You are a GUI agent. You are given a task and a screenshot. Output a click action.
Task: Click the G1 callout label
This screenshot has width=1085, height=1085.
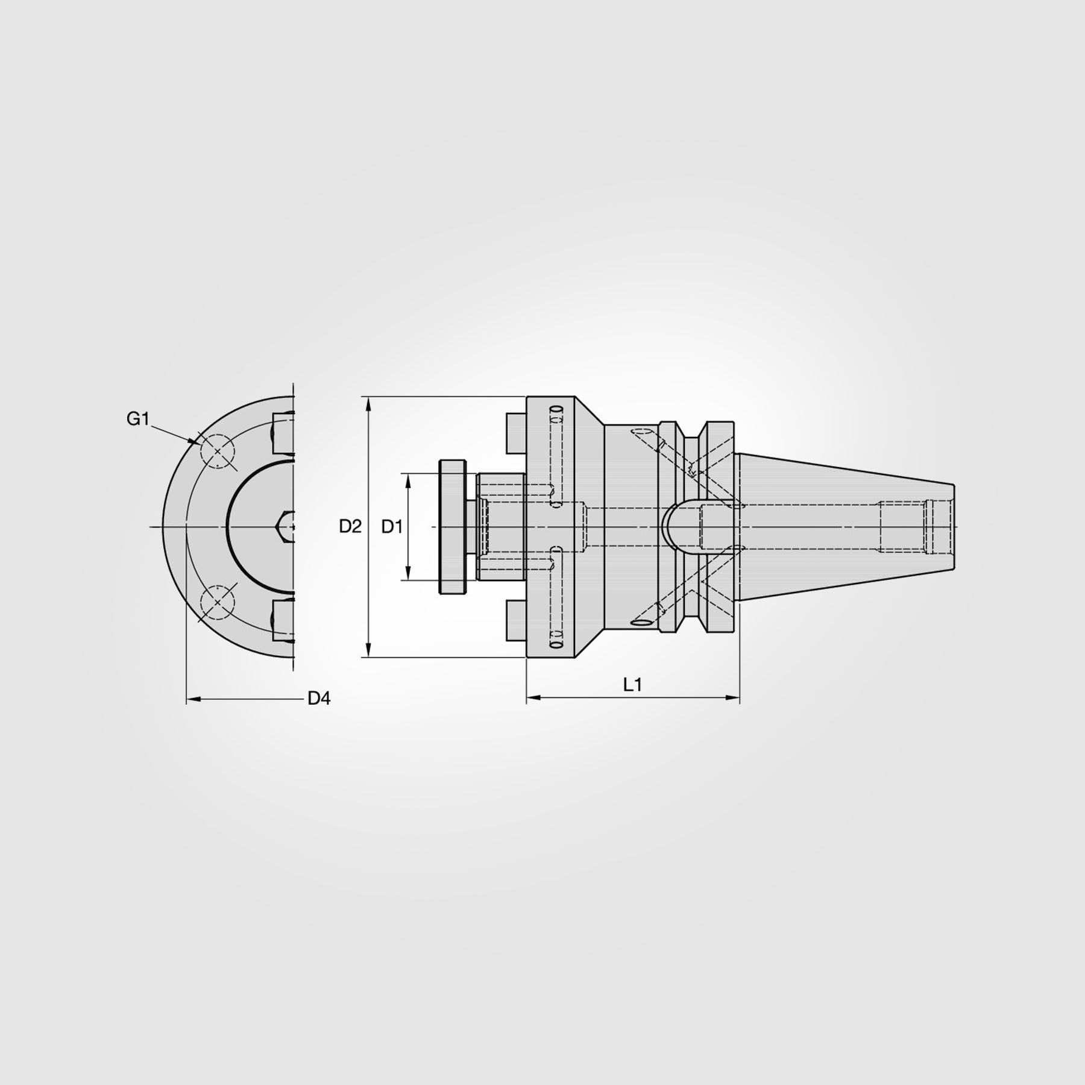tap(137, 419)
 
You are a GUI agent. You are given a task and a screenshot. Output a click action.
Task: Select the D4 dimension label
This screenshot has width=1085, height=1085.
tap(319, 699)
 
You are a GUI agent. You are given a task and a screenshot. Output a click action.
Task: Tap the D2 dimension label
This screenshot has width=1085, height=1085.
tap(350, 526)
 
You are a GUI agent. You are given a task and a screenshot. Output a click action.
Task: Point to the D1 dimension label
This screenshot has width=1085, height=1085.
tap(392, 526)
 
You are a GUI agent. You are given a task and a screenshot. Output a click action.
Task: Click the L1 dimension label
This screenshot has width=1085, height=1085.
tap(632, 685)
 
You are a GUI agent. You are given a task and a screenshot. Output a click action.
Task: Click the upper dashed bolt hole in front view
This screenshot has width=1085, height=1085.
tap(217, 450)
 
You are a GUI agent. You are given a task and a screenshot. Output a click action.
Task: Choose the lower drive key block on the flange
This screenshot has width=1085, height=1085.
tap(516, 620)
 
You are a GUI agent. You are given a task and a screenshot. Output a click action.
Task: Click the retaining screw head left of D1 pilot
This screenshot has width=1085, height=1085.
tap(453, 527)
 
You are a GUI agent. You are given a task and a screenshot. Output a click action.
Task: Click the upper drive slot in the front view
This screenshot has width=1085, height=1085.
tap(283, 433)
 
